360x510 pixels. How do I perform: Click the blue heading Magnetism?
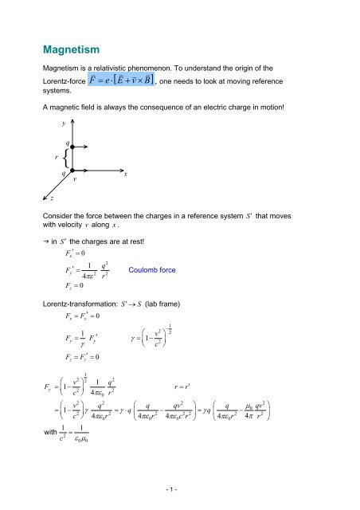[x=83, y=50]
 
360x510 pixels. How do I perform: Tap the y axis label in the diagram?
[x=63, y=124]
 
